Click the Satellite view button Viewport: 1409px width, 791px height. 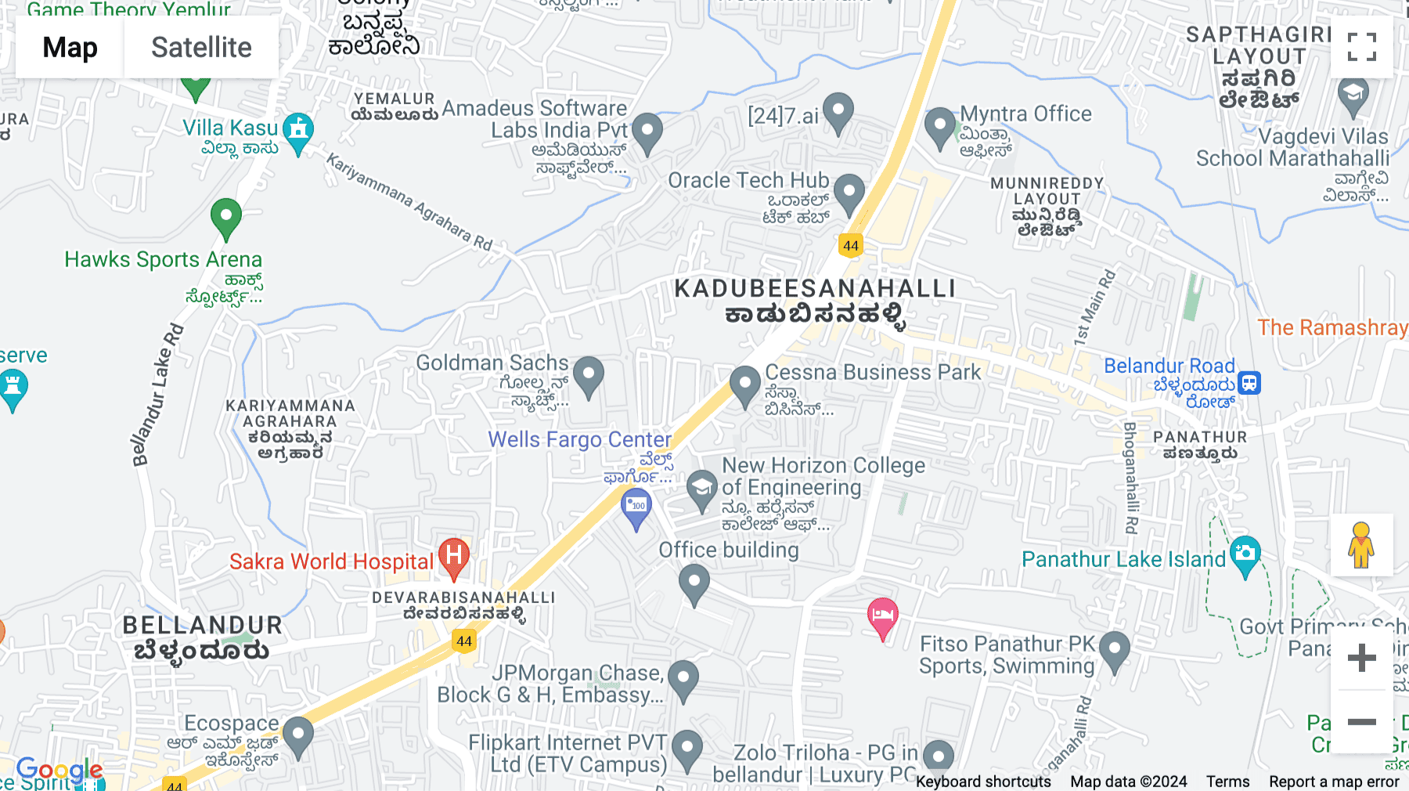[x=201, y=47]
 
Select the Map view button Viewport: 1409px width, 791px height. [x=70, y=47]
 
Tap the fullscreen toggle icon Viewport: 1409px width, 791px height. [x=1361, y=47]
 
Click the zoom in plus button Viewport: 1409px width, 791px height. [x=1361, y=658]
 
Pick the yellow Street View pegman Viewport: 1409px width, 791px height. [x=1361, y=545]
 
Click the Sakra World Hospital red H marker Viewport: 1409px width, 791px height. [x=454, y=556]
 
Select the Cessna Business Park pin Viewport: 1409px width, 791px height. [x=744, y=384]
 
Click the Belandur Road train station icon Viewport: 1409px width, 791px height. [x=1249, y=383]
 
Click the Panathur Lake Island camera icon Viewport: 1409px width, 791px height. [x=1245, y=554]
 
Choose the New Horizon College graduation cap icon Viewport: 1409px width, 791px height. [x=702, y=488]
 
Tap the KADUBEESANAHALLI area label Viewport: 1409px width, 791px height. [x=815, y=289]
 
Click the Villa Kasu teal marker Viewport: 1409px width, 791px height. [x=298, y=131]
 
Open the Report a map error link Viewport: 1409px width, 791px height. [x=1334, y=782]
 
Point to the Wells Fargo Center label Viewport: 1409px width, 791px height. [x=580, y=440]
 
